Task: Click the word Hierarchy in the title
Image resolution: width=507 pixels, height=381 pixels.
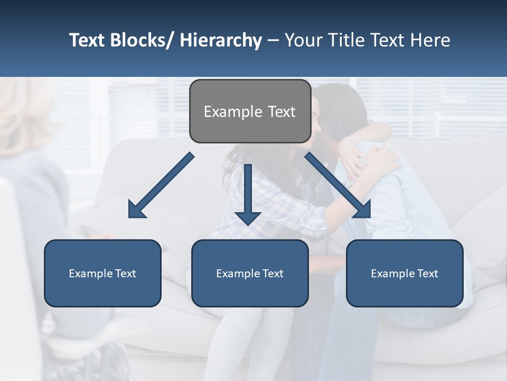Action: click(x=221, y=40)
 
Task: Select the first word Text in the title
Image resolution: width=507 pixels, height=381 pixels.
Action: click(x=87, y=40)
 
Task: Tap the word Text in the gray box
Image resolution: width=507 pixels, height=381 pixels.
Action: click(x=281, y=112)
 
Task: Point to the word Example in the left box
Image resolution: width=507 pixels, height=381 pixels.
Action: click(x=91, y=274)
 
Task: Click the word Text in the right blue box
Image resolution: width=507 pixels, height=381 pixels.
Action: click(x=427, y=274)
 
